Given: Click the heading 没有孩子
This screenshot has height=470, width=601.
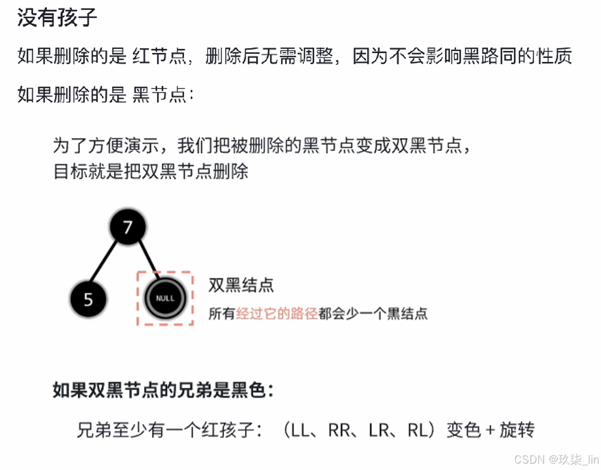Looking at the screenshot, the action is (57, 18).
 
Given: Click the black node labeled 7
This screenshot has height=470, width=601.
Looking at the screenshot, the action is (127, 228).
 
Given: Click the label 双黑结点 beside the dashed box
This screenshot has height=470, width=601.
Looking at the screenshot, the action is (241, 285).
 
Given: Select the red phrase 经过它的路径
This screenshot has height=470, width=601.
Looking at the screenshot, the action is (277, 313).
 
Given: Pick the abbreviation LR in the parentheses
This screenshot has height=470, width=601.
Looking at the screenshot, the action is (378, 430).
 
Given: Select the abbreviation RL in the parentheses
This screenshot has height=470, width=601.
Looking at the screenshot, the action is (418, 430).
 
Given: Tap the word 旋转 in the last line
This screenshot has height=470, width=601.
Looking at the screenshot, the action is (516, 430).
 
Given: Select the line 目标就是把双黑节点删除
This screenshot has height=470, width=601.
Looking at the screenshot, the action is (151, 172).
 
